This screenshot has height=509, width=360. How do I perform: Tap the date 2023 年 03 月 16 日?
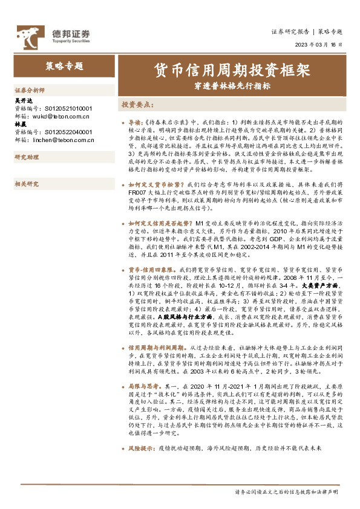[x=321, y=45]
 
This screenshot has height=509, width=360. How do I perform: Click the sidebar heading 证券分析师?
[x=29, y=89]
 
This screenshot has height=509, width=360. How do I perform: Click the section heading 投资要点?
[x=137, y=104]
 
